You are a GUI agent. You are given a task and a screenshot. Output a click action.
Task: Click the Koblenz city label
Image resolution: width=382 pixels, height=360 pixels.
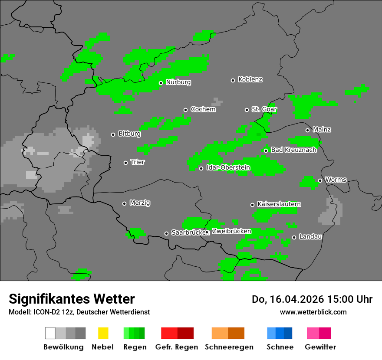(x=250, y=79)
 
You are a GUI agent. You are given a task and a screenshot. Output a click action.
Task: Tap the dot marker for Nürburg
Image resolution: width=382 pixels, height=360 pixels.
(x=161, y=83)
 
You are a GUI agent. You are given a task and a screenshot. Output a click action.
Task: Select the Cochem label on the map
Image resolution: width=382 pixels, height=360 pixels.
(x=203, y=109)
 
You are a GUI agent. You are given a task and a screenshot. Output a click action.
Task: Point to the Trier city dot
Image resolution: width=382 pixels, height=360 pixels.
(x=126, y=163)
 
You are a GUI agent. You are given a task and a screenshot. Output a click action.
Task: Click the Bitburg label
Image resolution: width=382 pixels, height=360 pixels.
(x=129, y=134)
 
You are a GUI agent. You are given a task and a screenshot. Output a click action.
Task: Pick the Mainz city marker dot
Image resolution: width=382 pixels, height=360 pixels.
(x=307, y=130)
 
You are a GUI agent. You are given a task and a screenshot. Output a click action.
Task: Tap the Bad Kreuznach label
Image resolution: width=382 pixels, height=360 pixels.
(x=293, y=150)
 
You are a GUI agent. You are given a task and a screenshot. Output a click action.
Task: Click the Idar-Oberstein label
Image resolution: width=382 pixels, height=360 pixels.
(x=228, y=167)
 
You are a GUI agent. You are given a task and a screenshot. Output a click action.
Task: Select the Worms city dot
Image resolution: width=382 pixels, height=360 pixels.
(x=320, y=180)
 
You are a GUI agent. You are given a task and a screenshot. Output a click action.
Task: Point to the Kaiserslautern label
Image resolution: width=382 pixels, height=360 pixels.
(x=279, y=204)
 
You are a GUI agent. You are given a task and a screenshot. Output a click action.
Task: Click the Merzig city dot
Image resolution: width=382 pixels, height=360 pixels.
(x=124, y=203)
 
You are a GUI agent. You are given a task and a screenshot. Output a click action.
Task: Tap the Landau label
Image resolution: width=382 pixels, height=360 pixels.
(x=310, y=236)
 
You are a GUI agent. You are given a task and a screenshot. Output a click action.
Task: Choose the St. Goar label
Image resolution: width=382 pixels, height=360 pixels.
(x=264, y=109)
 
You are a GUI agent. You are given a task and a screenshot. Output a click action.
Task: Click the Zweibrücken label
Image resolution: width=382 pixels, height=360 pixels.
(x=231, y=231)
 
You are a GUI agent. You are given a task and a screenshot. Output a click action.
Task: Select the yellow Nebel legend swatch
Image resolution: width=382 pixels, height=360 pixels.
(x=103, y=333)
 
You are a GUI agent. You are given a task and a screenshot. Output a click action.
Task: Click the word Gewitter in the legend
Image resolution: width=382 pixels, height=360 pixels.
(x=320, y=347)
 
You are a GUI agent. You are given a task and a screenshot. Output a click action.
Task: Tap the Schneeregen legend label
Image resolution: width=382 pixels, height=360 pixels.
(x=229, y=347)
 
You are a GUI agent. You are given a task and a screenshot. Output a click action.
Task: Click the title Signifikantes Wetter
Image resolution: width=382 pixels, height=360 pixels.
(x=72, y=299)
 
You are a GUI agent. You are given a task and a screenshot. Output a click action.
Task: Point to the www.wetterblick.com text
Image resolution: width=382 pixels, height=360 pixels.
(x=313, y=312)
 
